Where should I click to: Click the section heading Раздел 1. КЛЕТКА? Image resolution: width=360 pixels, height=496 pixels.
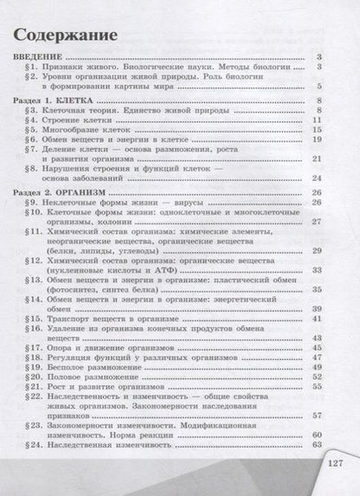[x=56, y=101]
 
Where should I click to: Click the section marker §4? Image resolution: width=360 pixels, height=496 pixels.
[x=29, y=122]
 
